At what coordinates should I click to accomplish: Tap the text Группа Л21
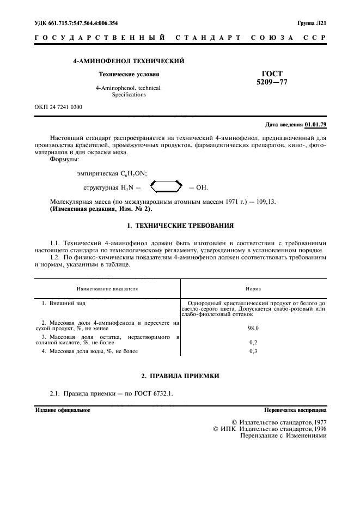coord(312,23)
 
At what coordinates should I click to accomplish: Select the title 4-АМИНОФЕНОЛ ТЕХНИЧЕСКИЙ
coord(129,61)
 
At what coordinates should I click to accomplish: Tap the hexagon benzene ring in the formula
coord(165,187)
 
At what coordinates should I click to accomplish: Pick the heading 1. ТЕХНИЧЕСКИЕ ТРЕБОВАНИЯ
coord(180,224)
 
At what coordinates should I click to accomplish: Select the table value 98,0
coord(253,329)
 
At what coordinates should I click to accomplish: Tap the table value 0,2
coord(253,343)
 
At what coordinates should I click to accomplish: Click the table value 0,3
coord(253,351)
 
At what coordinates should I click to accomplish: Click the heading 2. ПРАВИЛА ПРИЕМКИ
coord(180,377)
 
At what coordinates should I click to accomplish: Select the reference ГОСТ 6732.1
coord(153,393)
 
